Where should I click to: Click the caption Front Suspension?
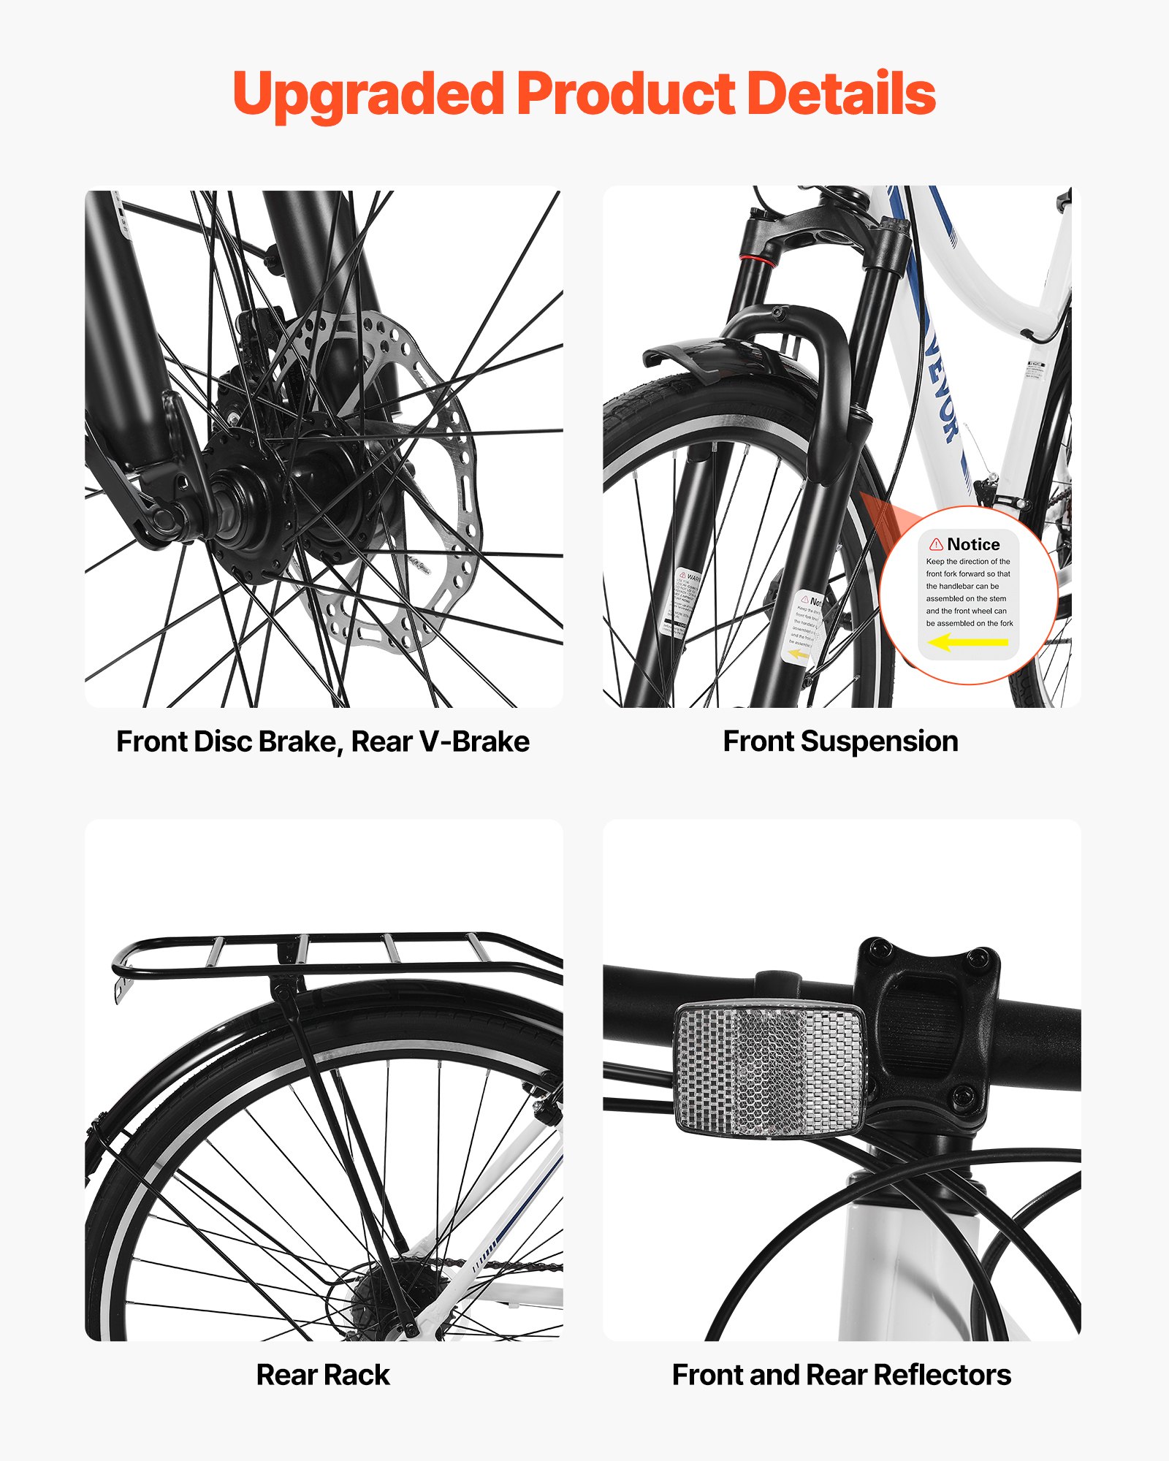coord(840,741)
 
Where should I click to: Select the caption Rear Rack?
coord(322,1375)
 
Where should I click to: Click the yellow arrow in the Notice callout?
coord(968,642)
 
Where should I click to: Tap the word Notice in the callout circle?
coord(973,544)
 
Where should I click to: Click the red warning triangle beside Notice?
coord(936,544)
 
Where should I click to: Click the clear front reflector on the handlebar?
coord(771,1070)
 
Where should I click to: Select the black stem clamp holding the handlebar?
coord(928,1023)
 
